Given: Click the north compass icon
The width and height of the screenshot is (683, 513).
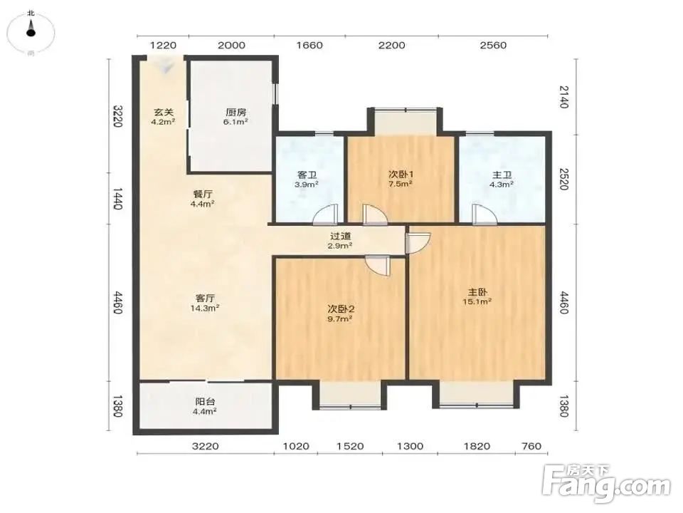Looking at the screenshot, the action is pos(31,32).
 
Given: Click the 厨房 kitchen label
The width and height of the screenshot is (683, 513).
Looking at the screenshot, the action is pos(235,113).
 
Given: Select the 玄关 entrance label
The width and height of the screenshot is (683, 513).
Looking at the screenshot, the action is pos(163,113).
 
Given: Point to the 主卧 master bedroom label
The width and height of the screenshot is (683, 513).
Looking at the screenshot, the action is pos(477,292).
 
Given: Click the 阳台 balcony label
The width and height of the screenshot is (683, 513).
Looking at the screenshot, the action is pos(205,402).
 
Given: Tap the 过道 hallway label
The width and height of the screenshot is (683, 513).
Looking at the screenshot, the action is pos(340,236).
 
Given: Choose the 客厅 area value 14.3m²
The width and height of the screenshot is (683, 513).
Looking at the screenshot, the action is pos(205,309).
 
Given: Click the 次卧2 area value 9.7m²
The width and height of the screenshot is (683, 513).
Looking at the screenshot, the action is pos(340,319).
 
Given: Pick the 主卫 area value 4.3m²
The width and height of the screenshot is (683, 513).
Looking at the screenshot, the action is pos(502,184).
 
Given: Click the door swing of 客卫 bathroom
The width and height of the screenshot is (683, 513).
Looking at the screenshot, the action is pos(326,214).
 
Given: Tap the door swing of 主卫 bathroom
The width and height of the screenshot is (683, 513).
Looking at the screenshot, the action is pos(484,214).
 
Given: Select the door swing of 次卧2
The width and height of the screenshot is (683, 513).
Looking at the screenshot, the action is pos(378,266).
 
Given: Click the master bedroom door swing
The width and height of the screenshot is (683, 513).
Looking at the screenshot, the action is pos(418,243).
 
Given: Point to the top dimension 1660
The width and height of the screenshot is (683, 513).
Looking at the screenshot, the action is pos(309,46).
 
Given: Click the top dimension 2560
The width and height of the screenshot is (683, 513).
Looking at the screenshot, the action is pos(493,46).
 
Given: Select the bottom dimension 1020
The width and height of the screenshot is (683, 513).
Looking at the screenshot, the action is pos(296,446).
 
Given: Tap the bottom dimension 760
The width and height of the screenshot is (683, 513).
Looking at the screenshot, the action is pos(531,446).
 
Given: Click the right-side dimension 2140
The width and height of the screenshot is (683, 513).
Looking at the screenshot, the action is pos(563,97).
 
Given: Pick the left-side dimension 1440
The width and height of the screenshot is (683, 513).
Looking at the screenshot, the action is pos(117,199).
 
